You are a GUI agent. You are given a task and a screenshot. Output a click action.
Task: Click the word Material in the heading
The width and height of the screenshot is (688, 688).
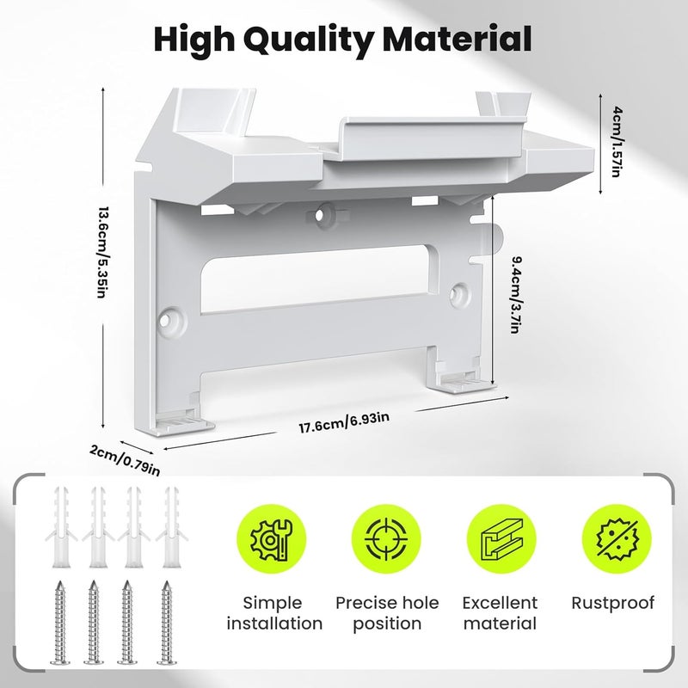tap(458, 39)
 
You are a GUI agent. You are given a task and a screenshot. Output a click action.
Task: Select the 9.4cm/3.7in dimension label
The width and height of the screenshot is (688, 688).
tap(515, 294)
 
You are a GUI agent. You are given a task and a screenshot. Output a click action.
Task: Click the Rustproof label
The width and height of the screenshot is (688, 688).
tap(612, 604)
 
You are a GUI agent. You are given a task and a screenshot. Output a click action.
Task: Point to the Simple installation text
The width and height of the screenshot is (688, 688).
tap(274, 613)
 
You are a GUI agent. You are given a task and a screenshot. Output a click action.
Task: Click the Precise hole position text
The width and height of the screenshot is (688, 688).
tap(387, 613)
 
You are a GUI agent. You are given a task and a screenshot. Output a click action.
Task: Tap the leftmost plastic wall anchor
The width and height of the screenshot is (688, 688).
tap(60, 526)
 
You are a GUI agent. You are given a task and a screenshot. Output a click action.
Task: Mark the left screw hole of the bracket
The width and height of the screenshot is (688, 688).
tap(166, 320)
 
